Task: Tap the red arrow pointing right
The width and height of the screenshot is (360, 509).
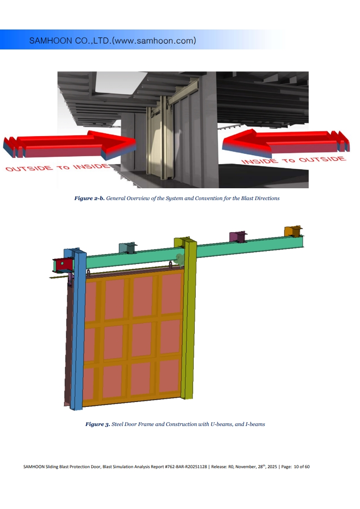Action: [70, 146]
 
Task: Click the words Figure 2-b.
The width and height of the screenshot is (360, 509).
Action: [89, 198]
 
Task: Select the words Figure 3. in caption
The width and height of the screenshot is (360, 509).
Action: [98, 424]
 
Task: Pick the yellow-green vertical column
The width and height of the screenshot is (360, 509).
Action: [188, 318]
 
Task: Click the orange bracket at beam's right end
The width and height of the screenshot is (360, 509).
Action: [293, 231]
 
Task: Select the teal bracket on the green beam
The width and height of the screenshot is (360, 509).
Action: [128, 248]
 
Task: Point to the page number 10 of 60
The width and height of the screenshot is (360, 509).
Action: [301, 466]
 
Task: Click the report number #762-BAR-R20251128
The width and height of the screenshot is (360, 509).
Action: [186, 466]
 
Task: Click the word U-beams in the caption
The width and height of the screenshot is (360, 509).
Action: [222, 424]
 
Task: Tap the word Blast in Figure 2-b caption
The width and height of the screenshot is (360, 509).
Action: [247, 198]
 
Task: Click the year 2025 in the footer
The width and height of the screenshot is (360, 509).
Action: [272, 466]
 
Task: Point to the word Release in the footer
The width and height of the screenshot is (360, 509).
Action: [218, 466]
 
